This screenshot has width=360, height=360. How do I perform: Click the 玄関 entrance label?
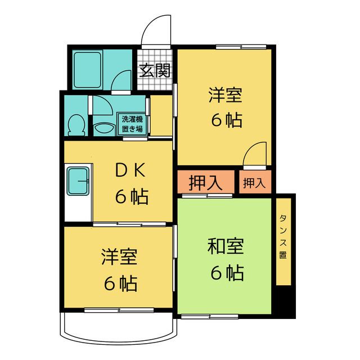[155, 71]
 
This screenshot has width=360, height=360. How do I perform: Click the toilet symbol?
[75, 124]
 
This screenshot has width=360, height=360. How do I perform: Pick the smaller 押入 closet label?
[254, 183]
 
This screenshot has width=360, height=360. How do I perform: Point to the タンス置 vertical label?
[282, 236]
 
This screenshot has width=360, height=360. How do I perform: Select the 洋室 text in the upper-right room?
[226, 95]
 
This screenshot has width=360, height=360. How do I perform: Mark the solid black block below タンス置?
[286, 303]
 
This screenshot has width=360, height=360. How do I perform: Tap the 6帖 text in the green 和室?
[227, 273]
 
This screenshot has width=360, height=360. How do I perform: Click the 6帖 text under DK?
[132, 197]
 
